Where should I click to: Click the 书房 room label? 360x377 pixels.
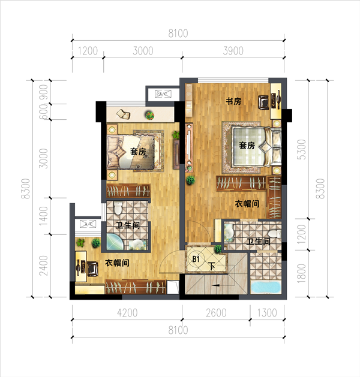tap(233, 101)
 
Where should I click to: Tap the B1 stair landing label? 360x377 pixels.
tap(196, 259)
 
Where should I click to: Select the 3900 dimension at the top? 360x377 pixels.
tap(233, 51)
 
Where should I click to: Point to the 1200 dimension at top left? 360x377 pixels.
tap(88, 51)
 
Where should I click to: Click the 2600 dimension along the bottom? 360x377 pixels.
tap(216, 313)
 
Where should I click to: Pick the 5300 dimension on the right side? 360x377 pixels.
tap(301, 149)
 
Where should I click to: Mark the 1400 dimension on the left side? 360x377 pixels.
tap(44, 216)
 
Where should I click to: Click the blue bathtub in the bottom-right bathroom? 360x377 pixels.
tap(266, 287)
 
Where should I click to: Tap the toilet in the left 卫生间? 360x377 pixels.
tap(118, 208)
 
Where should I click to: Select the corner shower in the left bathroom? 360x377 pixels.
tap(115, 242)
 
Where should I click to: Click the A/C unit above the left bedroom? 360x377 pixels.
tap(163, 94)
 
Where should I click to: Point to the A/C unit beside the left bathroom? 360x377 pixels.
tap(88, 224)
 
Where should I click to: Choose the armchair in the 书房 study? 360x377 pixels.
tap(263, 102)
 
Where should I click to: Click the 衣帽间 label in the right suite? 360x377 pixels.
tap(247, 204)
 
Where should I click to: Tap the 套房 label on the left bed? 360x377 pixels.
tap(138, 152)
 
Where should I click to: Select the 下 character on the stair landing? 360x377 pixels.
tap(212, 266)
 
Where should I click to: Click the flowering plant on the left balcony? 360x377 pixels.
tap(149, 115)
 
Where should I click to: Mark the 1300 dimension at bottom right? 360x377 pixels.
tap(267, 313)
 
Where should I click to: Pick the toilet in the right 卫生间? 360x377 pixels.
tap(274, 233)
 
